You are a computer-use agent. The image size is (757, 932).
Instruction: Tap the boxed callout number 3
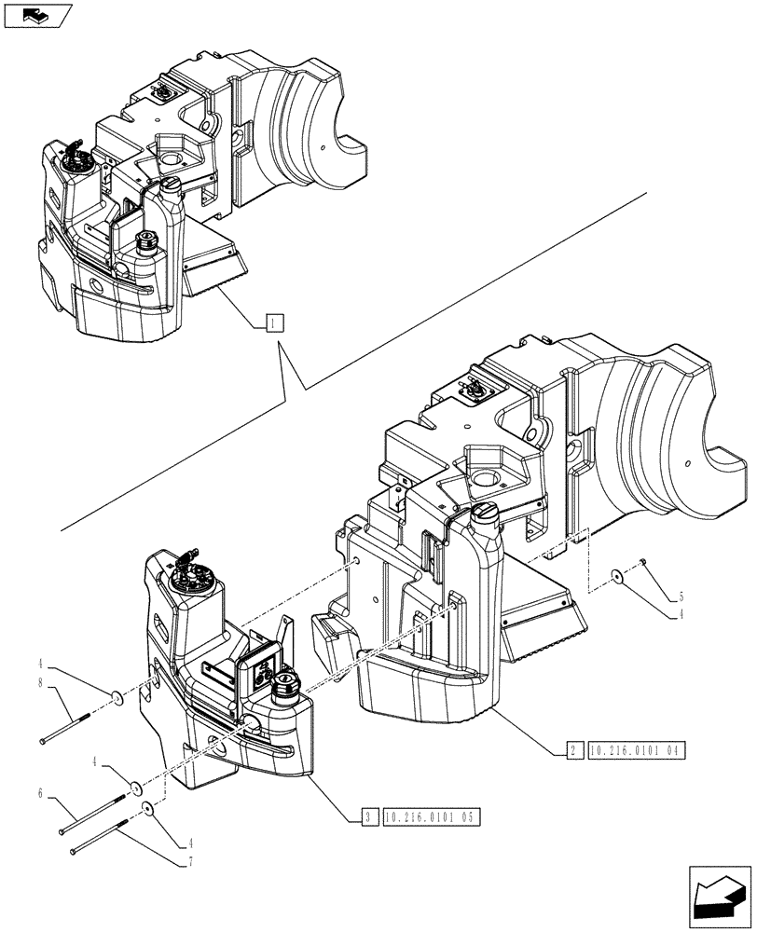point(370,817)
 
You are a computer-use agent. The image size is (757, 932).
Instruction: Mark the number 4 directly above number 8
point(42,665)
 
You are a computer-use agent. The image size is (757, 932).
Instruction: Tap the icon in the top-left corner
point(37,15)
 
